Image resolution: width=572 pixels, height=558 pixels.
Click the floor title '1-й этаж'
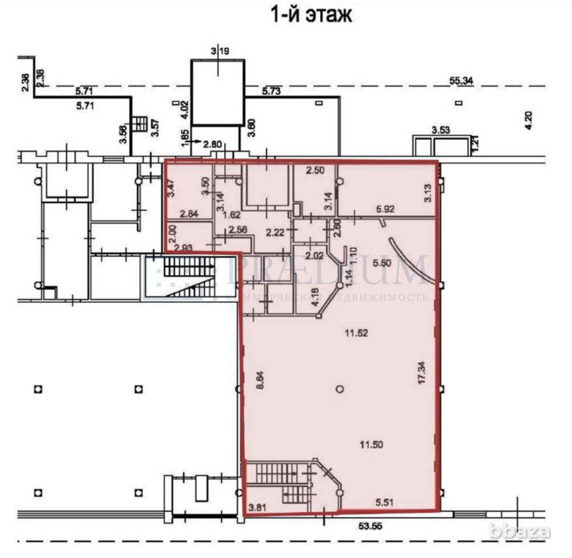click(x=311, y=15)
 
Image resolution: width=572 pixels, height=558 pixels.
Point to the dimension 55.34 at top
click(x=461, y=81)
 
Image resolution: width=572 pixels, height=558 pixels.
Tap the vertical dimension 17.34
click(x=422, y=372)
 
